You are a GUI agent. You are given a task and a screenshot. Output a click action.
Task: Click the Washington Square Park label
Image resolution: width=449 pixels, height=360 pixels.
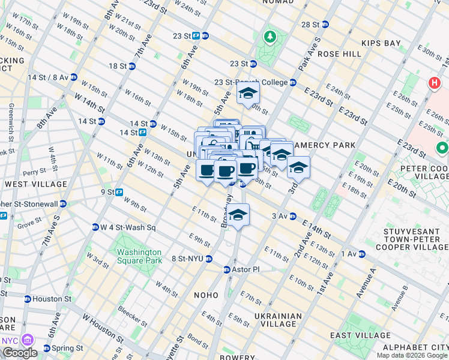(139, 256)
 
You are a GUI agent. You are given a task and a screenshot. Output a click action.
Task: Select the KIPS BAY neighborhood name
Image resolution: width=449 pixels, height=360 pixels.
(381, 43)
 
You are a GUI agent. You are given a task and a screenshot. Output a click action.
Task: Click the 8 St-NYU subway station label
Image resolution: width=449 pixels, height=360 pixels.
(188, 259)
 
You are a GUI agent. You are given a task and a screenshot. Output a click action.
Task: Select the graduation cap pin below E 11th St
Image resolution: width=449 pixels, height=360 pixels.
(238, 215)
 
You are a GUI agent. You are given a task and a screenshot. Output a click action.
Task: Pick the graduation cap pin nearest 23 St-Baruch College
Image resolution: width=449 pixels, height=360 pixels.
(247, 94)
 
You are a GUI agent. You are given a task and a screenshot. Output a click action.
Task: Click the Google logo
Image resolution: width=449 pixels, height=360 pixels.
(20, 353)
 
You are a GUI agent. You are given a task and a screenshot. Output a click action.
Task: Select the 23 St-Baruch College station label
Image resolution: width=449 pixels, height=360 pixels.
(252, 82)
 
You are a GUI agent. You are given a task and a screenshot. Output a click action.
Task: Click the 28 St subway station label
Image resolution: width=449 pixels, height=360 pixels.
(311, 25)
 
